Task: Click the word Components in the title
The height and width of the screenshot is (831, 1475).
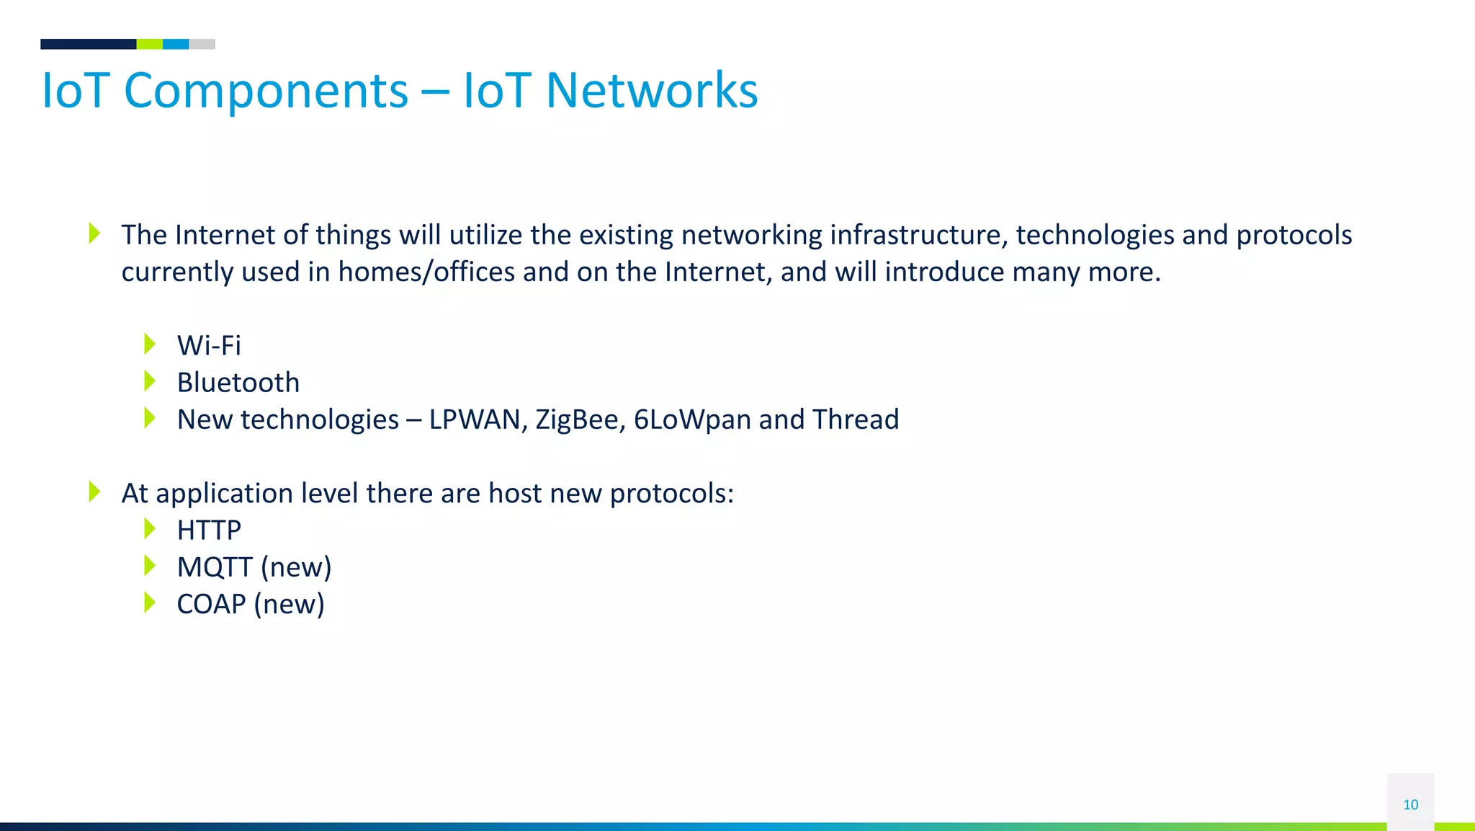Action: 266,92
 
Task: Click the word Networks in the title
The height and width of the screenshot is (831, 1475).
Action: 651,92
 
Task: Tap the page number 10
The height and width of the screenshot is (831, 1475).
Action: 1410,804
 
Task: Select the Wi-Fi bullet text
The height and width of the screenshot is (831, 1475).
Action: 209,345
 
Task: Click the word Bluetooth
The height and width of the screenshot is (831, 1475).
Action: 238,383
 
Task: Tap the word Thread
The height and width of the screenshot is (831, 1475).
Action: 856,419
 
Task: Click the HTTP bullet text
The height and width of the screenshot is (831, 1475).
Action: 209,530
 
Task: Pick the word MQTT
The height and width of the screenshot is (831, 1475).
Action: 215,567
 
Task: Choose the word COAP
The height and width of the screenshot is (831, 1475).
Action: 211,604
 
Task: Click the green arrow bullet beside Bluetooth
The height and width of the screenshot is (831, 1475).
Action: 150,381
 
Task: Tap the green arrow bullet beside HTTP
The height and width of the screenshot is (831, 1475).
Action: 150,529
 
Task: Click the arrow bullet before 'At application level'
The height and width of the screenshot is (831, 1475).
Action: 94,492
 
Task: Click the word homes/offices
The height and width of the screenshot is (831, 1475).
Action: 426,272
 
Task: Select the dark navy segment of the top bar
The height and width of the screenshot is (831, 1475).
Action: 88,44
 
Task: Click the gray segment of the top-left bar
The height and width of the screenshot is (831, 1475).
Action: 202,44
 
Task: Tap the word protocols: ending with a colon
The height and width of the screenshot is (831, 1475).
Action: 671,494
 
